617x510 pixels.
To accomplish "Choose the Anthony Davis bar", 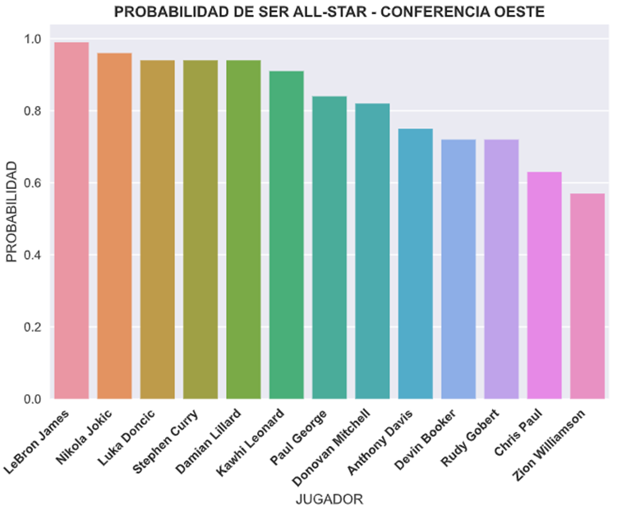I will pyautogui.click(x=415, y=264).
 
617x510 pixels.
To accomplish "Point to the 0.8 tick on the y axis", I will pyautogui.click(x=34, y=111).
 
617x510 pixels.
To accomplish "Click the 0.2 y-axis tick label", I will pyautogui.click(x=34, y=327).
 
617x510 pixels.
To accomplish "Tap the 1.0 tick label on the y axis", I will pyautogui.click(x=34, y=39).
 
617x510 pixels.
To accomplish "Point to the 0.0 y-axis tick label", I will pyautogui.click(x=34, y=399).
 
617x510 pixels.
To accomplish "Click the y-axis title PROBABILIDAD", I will pyautogui.click(x=11, y=211).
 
